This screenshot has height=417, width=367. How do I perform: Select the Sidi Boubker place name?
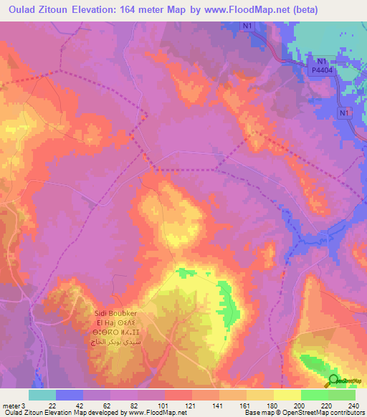pyautogui.click(x=118, y=313)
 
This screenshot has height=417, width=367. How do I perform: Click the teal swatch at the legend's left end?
pyautogui.click(x=42, y=395)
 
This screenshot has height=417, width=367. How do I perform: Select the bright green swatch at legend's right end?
pyautogui.click(x=341, y=395)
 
